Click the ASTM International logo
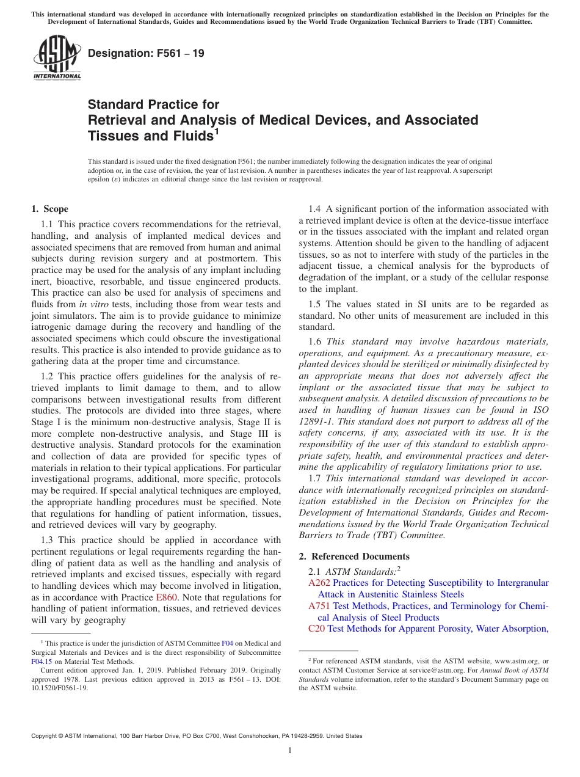(x=56, y=58)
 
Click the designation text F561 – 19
(x=146, y=54)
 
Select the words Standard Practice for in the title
(x=153, y=104)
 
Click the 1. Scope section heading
(x=49, y=209)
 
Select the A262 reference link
(x=319, y=583)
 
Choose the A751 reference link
(x=319, y=606)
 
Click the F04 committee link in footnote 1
(x=227, y=643)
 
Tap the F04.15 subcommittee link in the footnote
(x=42, y=660)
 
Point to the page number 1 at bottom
(x=290, y=751)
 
